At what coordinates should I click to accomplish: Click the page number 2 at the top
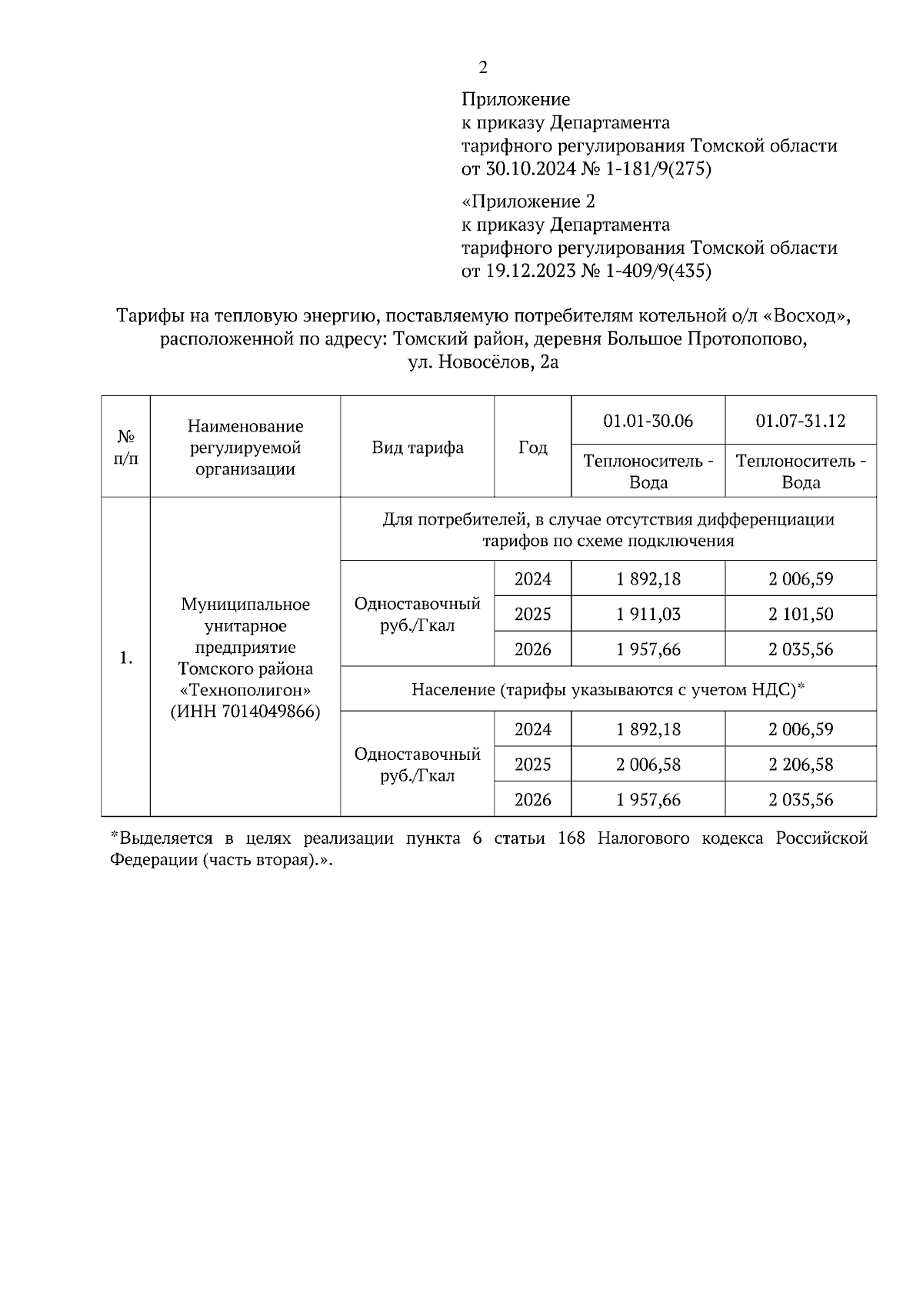click(482, 68)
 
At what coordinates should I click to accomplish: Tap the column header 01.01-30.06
click(648, 421)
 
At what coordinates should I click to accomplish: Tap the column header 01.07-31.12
click(800, 421)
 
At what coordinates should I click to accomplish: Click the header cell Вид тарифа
click(417, 448)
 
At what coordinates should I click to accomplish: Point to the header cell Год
click(532, 448)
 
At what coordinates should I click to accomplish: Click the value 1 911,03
click(648, 615)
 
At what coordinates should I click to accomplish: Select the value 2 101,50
click(800, 615)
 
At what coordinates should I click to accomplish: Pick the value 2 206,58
click(800, 765)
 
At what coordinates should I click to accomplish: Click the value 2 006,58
click(648, 765)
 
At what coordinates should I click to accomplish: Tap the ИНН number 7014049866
click(270, 711)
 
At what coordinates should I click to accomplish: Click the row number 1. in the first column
click(125, 658)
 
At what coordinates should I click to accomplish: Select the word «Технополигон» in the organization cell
click(245, 690)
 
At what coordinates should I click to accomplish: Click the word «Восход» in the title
click(811, 316)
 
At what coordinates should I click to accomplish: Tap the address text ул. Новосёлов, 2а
click(483, 362)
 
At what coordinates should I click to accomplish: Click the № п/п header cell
click(125, 448)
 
